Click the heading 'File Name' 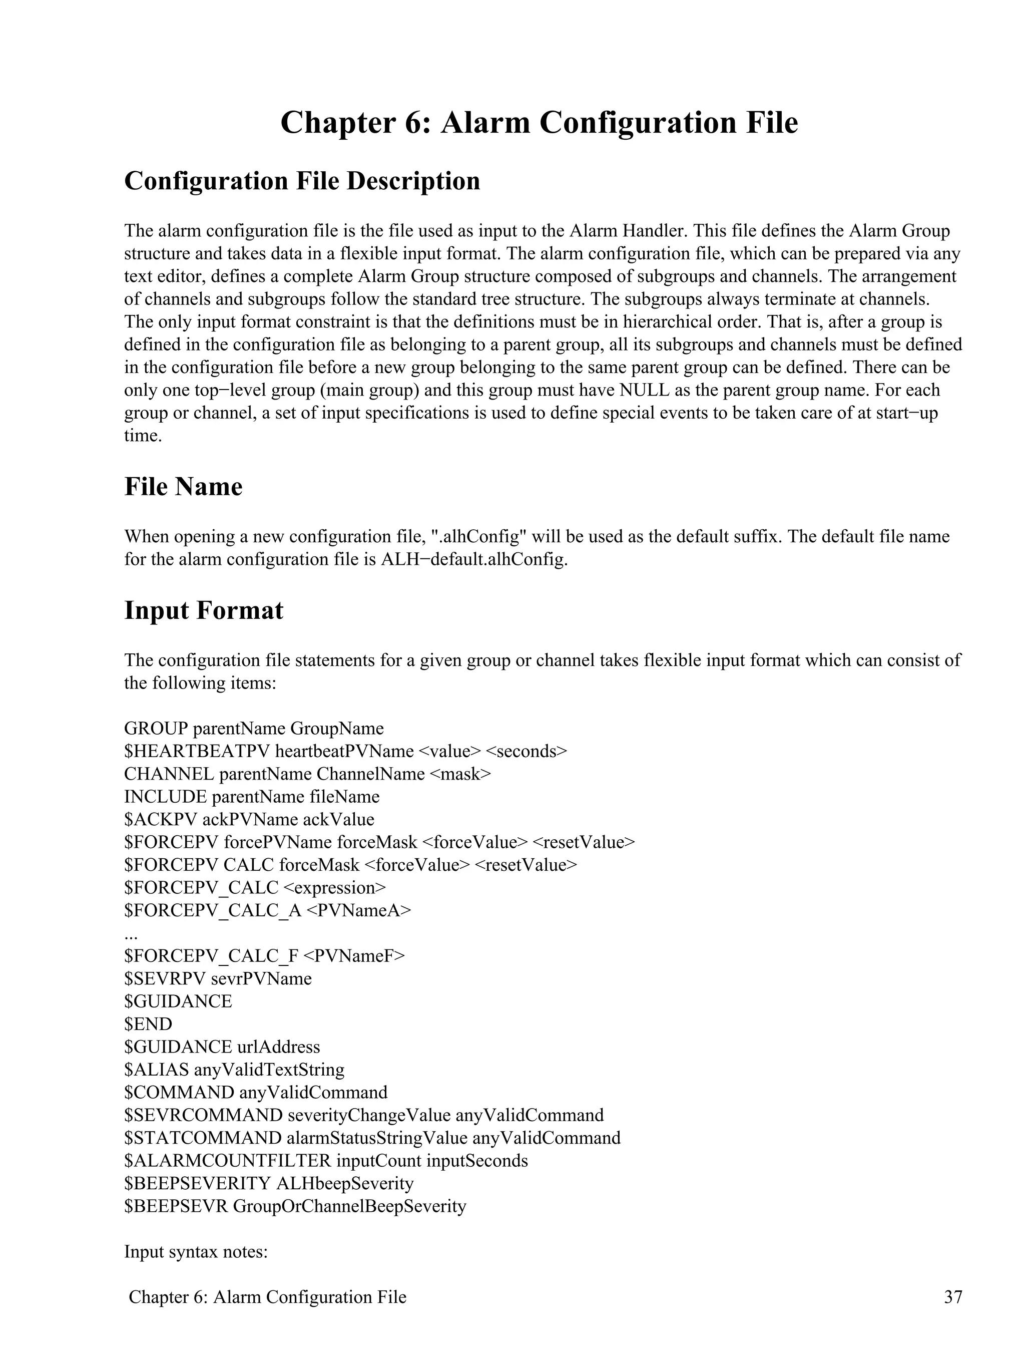pos(183,487)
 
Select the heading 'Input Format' pos(204,610)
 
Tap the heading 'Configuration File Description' pos(302,181)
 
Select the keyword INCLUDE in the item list pos(165,797)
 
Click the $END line pos(148,1023)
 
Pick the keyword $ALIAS pos(156,1070)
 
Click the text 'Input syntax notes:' pos(196,1252)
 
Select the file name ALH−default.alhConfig pos(473,560)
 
